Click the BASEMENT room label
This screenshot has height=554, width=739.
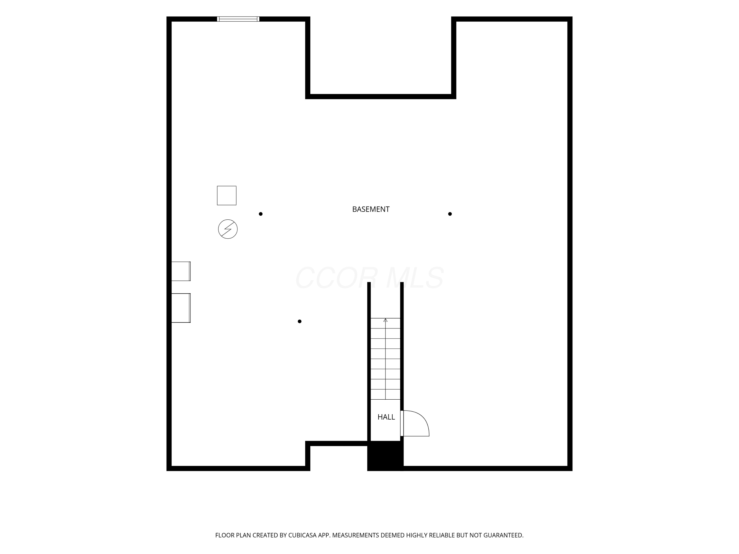click(x=371, y=209)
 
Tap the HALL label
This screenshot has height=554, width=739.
click(x=386, y=417)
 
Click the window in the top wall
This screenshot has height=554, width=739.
click(x=238, y=19)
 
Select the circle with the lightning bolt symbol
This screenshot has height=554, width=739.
click(x=228, y=229)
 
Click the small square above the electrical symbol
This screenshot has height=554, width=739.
click(x=227, y=196)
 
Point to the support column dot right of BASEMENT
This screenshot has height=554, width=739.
click(x=450, y=214)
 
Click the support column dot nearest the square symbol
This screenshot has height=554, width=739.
click(x=261, y=214)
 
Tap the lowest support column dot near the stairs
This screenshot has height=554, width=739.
click(x=300, y=322)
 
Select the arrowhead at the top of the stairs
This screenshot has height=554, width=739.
click(x=386, y=320)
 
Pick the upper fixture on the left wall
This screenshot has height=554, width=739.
click(x=181, y=271)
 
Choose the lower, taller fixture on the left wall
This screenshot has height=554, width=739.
click(x=181, y=308)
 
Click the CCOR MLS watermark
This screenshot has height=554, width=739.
click(x=369, y=278)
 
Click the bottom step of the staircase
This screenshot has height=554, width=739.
click(x=386, y=394)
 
